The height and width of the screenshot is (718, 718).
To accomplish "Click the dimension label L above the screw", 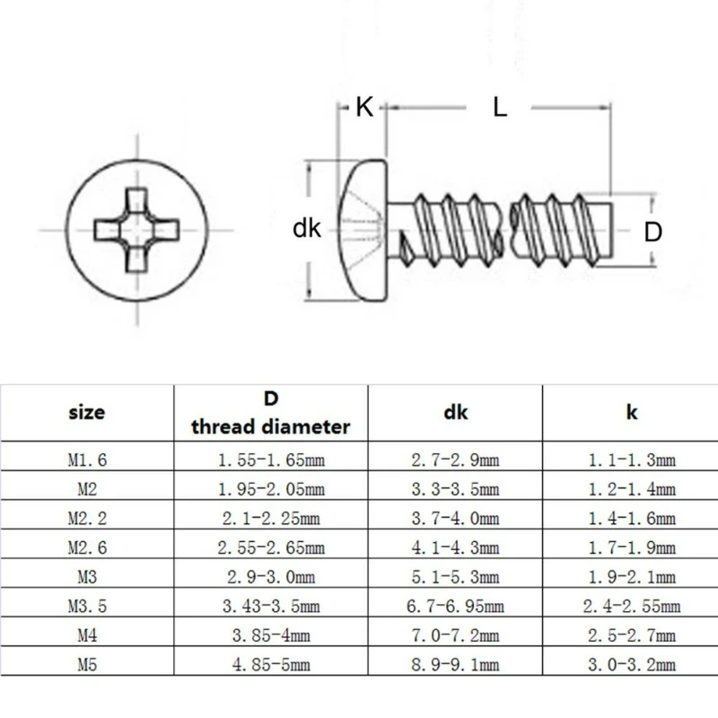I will [x=500, y=107].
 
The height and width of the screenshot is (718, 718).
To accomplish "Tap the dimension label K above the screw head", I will [x=363, y=107].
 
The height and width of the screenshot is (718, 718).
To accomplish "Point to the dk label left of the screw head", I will [x=307, y=229].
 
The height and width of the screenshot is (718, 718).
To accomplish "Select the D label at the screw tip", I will [x=653, y=231].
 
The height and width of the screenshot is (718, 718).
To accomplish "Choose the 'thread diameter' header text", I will [x=270, y=426].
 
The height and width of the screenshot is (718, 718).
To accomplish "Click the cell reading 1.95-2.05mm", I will [x=270, y=490].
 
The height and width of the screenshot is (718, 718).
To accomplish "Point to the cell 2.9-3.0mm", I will [x=270, y=577].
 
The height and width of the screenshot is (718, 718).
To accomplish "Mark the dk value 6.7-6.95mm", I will [x=456, y=606].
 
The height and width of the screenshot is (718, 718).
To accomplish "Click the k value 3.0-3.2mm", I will [x=631, y=664].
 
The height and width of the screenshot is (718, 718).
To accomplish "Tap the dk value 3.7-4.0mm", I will [x=456, y=519].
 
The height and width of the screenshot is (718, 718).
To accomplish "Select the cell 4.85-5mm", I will [x=270, y=664].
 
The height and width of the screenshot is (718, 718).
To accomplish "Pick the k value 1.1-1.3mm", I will [x=631, y=460].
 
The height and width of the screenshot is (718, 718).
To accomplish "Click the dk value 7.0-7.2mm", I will [x=456, y=635].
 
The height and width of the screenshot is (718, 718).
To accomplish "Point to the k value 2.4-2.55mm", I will [x=631, y=606].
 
